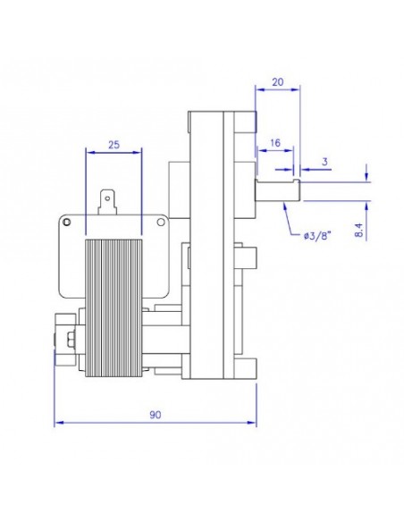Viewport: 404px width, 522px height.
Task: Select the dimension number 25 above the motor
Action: pos(114,144)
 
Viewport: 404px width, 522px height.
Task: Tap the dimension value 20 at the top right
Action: pos(277,81)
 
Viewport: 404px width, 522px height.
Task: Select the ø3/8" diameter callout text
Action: pos(317,235)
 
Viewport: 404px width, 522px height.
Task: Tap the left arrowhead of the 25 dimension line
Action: pos(88,153)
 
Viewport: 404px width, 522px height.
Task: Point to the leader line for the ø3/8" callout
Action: pos(289,219)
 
